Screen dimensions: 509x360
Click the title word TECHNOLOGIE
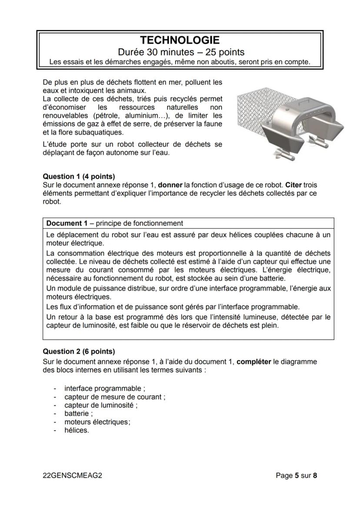[x=180, y=40]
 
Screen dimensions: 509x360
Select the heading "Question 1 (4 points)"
[x=79, y=176]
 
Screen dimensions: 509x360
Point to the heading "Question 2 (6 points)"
[x=79, y=351]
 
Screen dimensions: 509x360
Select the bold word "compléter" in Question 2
[x=254, y=362]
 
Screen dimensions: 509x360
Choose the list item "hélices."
[x=77, y=430]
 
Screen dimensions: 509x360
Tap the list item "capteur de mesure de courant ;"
[x=115, y=397]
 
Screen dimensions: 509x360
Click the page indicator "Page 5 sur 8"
[x=297, y=476]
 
